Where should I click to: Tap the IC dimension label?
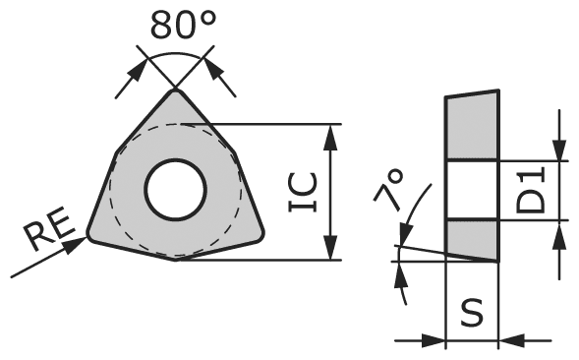click(302, 193)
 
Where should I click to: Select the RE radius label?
click(47, 234)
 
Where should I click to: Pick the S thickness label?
click(473, 314)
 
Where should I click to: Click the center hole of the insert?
click(175, 189)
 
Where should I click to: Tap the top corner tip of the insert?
click(177, 91)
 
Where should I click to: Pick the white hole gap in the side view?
click(473, 189)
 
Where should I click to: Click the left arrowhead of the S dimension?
click(437, 340)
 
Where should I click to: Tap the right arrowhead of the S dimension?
click(509, 340)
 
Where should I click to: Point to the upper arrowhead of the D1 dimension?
click(559, 150)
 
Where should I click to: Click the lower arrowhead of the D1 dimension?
click(559, 229)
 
